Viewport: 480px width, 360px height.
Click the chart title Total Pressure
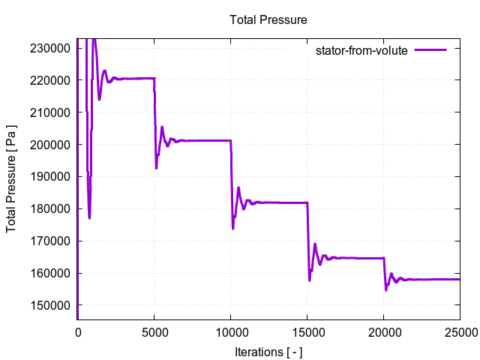[x=268, y=19]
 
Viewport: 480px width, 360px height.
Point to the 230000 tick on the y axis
[x=51, y=48]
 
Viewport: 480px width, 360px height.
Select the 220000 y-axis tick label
[x=51, y=80]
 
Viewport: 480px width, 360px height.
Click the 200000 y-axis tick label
[x=51, y=145]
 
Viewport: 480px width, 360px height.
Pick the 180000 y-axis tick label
[x=51, y=209]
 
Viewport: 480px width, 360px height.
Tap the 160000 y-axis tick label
[x=51, y=274]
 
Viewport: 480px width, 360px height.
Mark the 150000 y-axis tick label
[x=51, y=306]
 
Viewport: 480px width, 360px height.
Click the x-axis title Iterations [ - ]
[x=268, y=351]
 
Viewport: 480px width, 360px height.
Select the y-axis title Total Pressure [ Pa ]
[x=13, y=178]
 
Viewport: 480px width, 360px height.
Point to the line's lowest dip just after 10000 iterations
[x=233, y=228]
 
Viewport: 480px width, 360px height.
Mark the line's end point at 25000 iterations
[x=459, y=279]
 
